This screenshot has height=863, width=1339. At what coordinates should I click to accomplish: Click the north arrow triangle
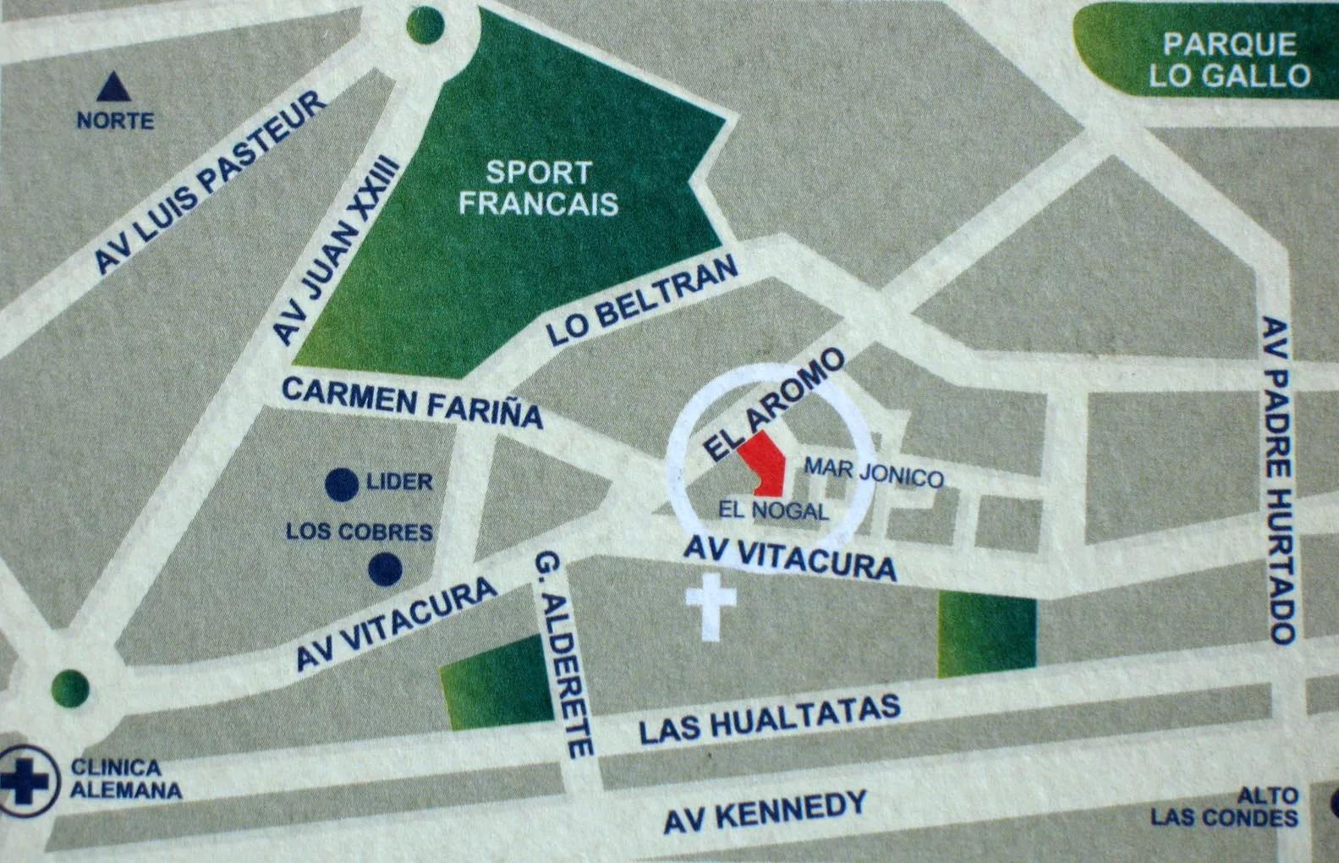pos(111,87)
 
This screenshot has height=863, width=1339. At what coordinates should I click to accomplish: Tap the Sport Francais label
pos(539,188)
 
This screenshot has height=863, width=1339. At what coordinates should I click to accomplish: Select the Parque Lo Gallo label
pos(1228,59)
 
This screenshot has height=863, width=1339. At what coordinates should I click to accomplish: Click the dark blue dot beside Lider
pos(342,484)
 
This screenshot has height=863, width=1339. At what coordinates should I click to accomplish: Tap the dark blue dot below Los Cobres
pos(386,569)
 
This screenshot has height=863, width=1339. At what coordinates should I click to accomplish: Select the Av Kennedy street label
pos(766,811)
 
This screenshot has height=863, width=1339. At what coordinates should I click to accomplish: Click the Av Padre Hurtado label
pos(1279,480)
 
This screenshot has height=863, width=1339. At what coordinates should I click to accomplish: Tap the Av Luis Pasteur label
pos(210,183)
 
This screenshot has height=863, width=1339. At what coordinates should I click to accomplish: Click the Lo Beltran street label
pos(643,302)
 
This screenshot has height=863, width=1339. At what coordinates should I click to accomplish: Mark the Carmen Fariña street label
pos(412,401)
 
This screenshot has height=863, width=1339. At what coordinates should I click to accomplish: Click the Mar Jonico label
pos(873,472)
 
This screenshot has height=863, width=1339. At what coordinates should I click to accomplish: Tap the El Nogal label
pos(773,510)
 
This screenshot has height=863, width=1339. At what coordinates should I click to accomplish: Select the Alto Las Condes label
pos(1225,807)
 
